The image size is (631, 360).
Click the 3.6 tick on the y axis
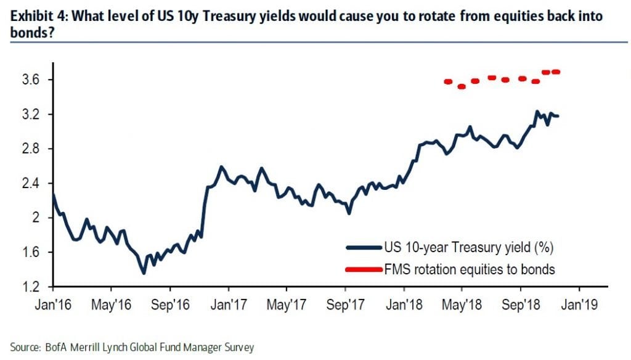(x=31, y=80)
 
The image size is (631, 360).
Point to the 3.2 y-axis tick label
(x=31, y=115)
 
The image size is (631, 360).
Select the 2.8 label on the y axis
(x=31, y=149)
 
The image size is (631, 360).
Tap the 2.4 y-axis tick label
(x=31, y=184)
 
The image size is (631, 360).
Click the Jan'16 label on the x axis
(x=53, y=303)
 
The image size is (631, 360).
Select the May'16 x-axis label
(x=112, y=303)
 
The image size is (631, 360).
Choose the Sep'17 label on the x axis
(x=345, y=303)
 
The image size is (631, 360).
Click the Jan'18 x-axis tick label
(x=404, y=303)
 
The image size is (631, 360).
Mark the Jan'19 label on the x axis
(x=579, y=303)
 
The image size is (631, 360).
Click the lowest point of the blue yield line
(x=144, y=273)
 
